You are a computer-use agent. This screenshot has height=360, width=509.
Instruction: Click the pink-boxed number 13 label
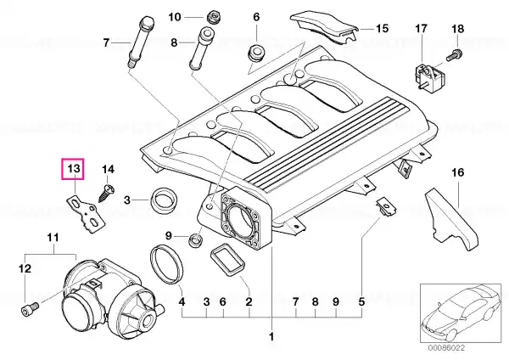(x=73, y=169)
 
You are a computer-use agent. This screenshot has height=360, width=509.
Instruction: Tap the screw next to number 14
(x=106, y=194)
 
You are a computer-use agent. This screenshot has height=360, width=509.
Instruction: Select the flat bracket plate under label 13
(x=87, y=215)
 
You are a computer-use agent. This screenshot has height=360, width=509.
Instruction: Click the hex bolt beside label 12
(x=29, y=308)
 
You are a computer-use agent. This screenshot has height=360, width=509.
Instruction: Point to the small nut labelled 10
(x=213, y=17)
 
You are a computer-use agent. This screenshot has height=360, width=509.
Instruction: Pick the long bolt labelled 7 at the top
(x=141, y=42)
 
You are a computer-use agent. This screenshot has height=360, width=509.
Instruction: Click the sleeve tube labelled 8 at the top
(x=201, y=48)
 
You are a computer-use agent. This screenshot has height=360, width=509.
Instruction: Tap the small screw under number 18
(x=454, y=54)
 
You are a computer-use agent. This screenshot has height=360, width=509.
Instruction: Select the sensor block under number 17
(x=428, y=76)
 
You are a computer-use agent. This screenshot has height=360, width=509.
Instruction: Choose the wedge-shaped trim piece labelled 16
(x=451, y=218)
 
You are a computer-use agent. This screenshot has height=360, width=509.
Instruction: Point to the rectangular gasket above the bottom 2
(x=227, y=261)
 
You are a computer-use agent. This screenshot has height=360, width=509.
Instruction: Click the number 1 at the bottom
(x=271, y=336)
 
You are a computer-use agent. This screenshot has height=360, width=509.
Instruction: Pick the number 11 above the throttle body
(x=53, y=238)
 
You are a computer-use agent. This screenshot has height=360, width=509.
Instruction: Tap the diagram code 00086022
(x=446, y=348)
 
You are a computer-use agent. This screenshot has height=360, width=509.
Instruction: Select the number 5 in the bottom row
(x=361, y=302)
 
